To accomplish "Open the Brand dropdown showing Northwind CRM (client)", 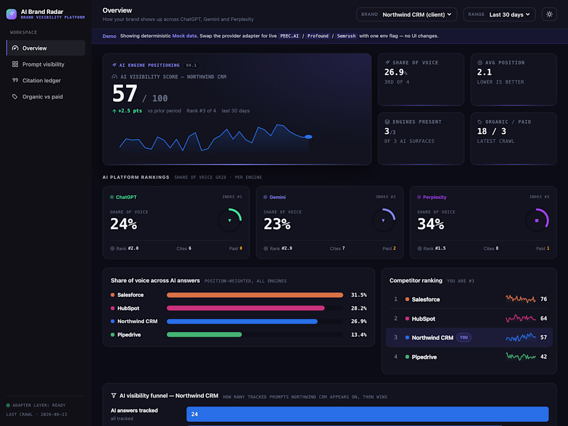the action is click(406, 14).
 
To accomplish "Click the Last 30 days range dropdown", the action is click(499, 14).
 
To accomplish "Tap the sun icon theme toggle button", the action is click(549, 14).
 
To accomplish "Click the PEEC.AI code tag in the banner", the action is click(290, 36).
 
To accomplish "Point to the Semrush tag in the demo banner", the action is click(346, 36).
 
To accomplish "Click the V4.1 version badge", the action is click(191, 65).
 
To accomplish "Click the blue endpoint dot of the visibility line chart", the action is click(308, 137).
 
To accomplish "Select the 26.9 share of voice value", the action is click(394, 72).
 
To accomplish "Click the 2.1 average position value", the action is click(484, 72).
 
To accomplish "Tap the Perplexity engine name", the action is click(434, 197).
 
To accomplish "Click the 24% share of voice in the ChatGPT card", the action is click(123, 224).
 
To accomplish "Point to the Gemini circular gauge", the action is click(384, 220).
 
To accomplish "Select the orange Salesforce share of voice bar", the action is click(255, 295).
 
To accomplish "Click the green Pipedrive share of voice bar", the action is click(204, 335).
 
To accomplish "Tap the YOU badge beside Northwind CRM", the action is click(464, 338).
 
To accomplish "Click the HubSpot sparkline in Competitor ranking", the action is click(520, 319).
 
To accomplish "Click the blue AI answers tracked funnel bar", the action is click(367, 414).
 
